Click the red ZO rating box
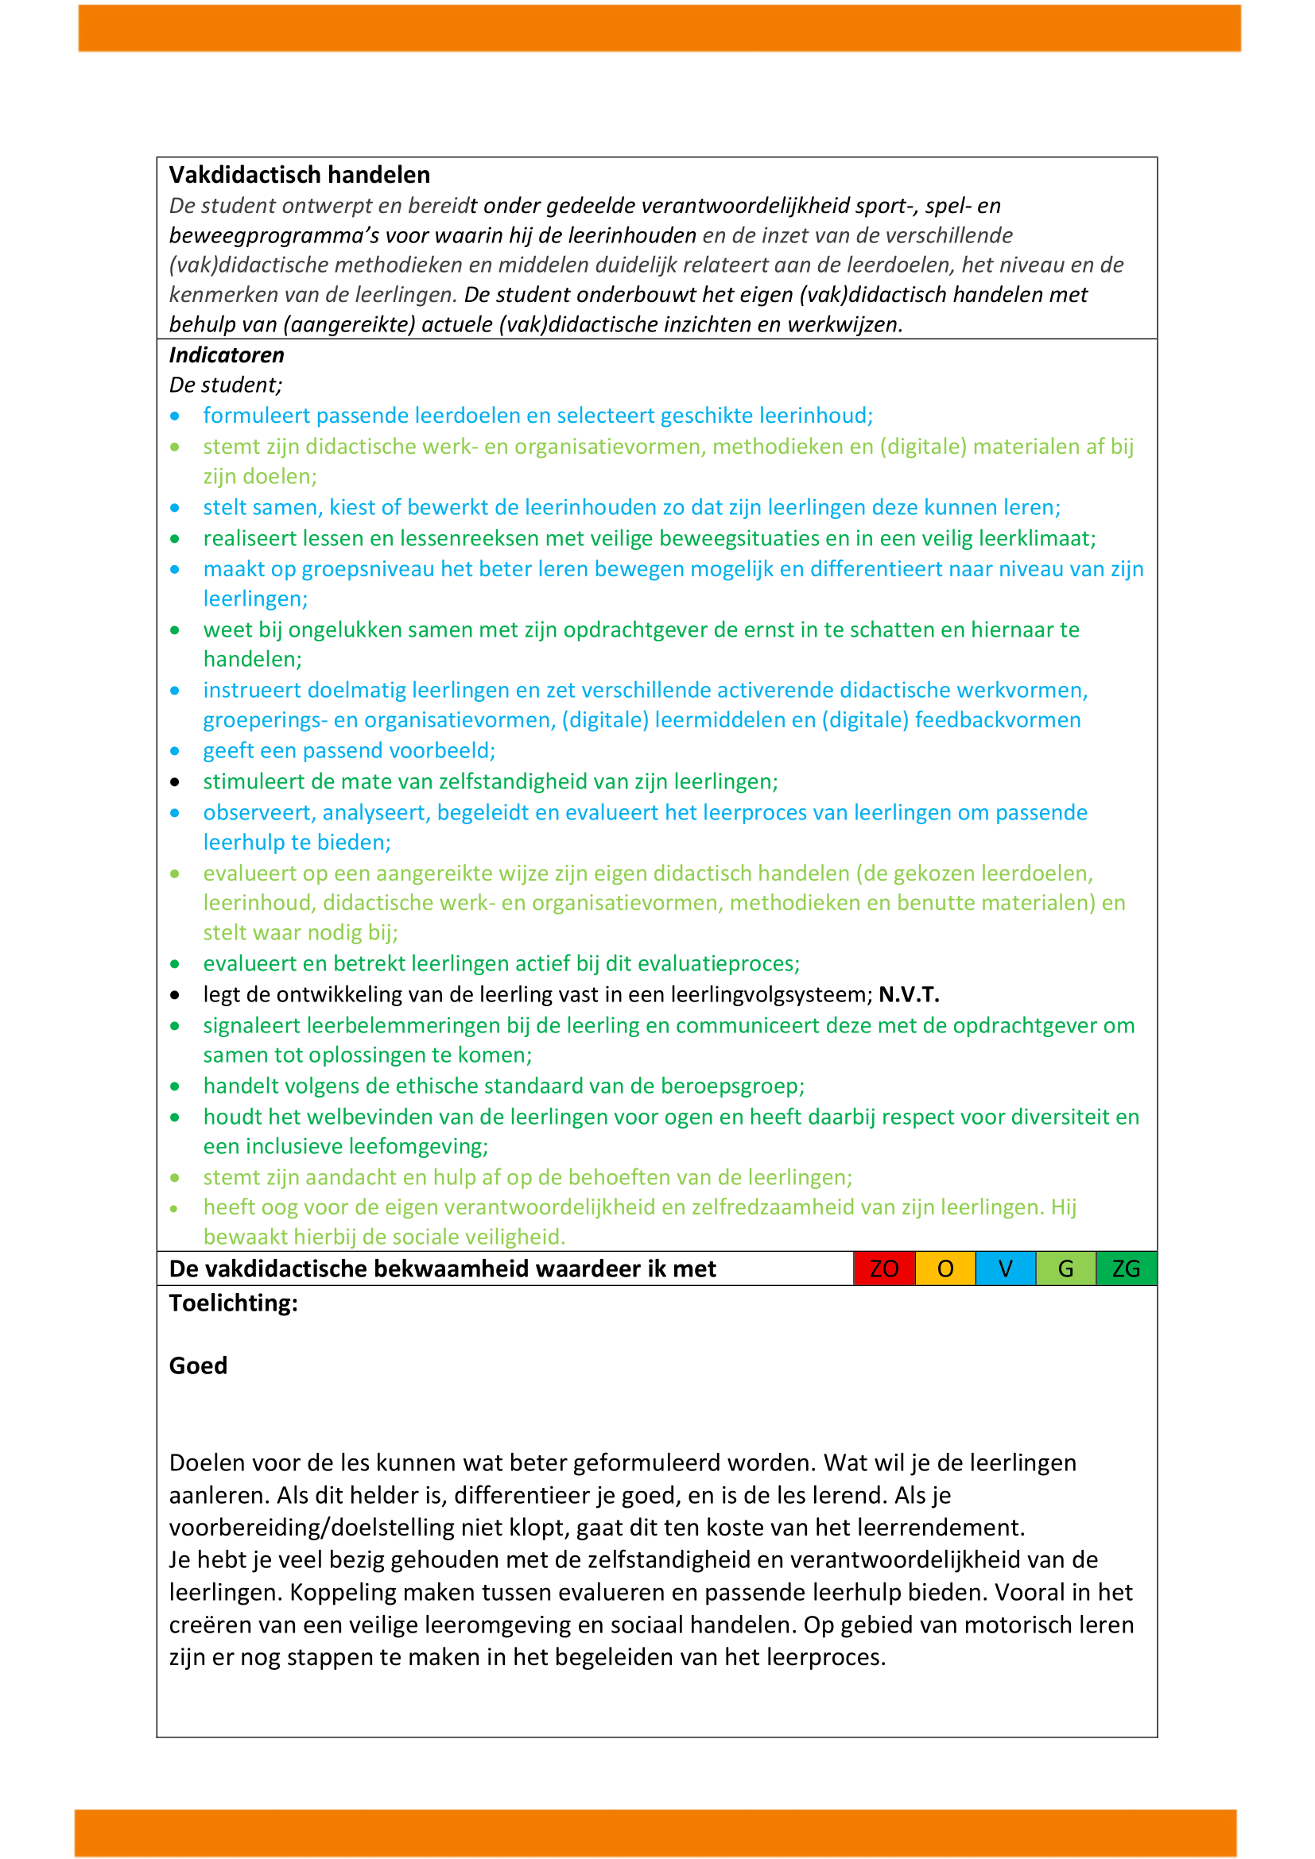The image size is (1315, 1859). [x=883, y=1268]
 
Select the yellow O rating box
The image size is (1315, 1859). [x=945, y=1268]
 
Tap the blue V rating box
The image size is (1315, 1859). [x=1005, y=1268]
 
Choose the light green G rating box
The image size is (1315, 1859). [x=1065, y=1268]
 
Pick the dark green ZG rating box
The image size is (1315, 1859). [x=1126, y=1268]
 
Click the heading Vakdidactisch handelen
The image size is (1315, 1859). [x=300, y=175]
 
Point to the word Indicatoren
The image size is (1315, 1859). [x=227, y=355]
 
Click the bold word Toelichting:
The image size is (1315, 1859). [x=233, y=1303]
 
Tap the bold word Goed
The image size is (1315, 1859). [x=199, y=1365]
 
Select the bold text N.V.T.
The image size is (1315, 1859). [x=909, y=994]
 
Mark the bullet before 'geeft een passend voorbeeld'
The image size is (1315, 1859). [x=175, y=751]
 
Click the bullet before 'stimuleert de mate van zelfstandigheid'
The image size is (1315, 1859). [x=175, y=782]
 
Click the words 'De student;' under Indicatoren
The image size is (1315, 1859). [x=226, y=385]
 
